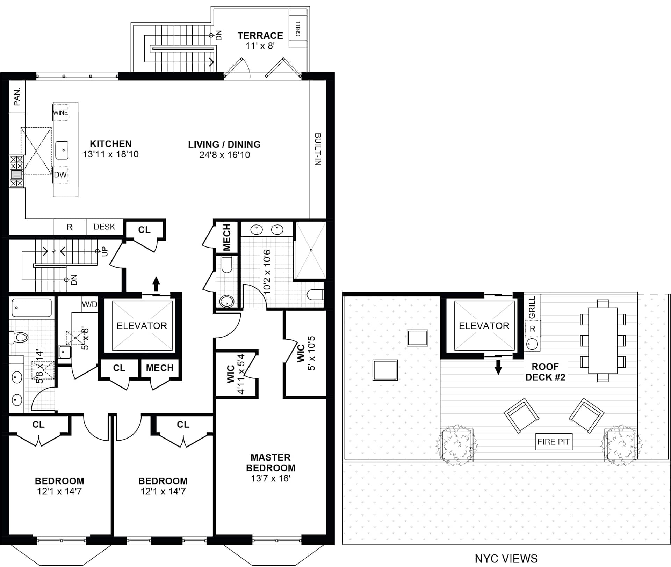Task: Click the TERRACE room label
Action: [260, 36]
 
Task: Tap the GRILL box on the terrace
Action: [298, 28]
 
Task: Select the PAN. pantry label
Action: [17, 97]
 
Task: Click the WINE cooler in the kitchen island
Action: [61, 113]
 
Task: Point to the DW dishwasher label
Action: [60, 175]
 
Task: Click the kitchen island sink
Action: [62, 150]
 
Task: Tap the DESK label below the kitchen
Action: [104, 227]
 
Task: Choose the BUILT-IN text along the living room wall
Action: [318, 149]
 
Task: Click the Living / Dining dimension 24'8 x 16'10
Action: [224, 155]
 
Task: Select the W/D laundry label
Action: [89, 304]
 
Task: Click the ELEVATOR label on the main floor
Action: [142, 326]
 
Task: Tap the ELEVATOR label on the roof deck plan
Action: [484, 326]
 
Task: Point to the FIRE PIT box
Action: [554, 442]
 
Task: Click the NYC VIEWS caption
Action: [506, 559]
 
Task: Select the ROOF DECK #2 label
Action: [545, 372]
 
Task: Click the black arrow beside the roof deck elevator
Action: [498, 367]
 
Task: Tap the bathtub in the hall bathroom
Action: [32, 308]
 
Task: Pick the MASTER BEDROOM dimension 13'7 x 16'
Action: [270, 478]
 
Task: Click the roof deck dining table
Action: [603, 340]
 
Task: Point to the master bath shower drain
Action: [311, 250]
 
